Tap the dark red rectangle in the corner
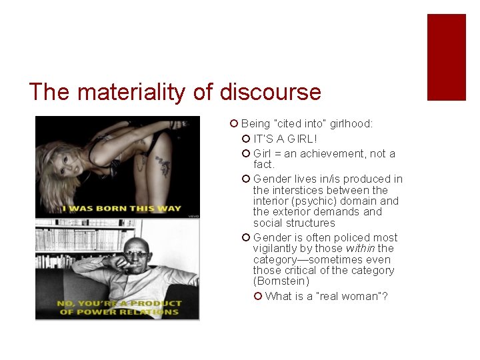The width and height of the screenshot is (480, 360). (446, 57)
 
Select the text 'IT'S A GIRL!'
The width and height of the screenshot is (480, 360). (285, 139)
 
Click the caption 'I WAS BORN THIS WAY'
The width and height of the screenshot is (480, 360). (122, 208)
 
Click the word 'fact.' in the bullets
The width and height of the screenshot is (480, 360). (264, 164)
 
